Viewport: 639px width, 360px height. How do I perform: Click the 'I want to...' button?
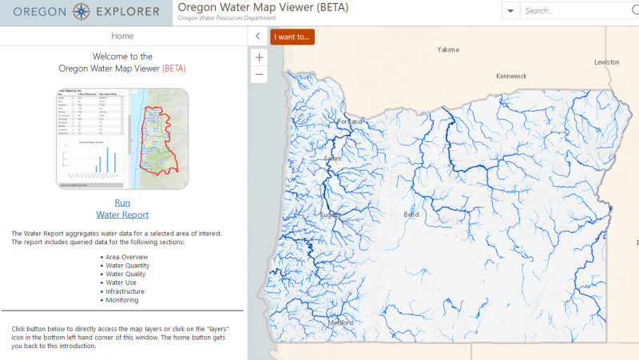coord(292,37)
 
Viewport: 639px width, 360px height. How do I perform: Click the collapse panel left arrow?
coord(257,36)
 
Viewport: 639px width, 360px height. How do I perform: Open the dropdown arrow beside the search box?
coord(510,11)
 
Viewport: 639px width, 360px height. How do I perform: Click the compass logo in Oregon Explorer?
coord(82,12)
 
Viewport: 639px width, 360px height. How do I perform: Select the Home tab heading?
coord(122,36)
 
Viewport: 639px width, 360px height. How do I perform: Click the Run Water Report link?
coord(122,208)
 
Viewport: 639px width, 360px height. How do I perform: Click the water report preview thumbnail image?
coord(122,138)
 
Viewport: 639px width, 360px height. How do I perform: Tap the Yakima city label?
coord(448,49)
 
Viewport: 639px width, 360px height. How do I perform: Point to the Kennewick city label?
coord(511,76)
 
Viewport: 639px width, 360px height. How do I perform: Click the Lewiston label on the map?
coord(606,62)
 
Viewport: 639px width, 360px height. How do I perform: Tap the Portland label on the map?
coord(349,121)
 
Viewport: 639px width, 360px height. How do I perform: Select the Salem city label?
coord(332,159)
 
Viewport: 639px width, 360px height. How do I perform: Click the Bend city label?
coord(411,215)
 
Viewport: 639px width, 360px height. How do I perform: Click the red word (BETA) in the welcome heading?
coord(173,69)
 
